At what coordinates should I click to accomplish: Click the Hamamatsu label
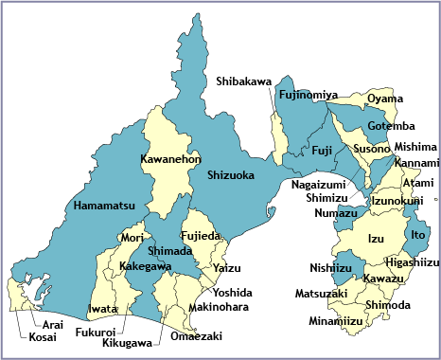click(104, 205)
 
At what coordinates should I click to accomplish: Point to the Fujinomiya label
click(309, 96)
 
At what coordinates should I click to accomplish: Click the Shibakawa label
click(245, 81)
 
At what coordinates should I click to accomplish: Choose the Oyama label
click(385, 99)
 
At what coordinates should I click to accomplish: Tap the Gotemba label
click(391, 126)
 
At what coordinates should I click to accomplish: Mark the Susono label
click(371, 149)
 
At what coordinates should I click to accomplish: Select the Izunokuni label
click(397, 201)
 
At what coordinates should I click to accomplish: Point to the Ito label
click(418, 234)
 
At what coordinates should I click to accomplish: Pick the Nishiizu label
click(331, 268)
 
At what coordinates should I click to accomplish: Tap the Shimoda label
click(387, 304)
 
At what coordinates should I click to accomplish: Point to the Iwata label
click(102, 309)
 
